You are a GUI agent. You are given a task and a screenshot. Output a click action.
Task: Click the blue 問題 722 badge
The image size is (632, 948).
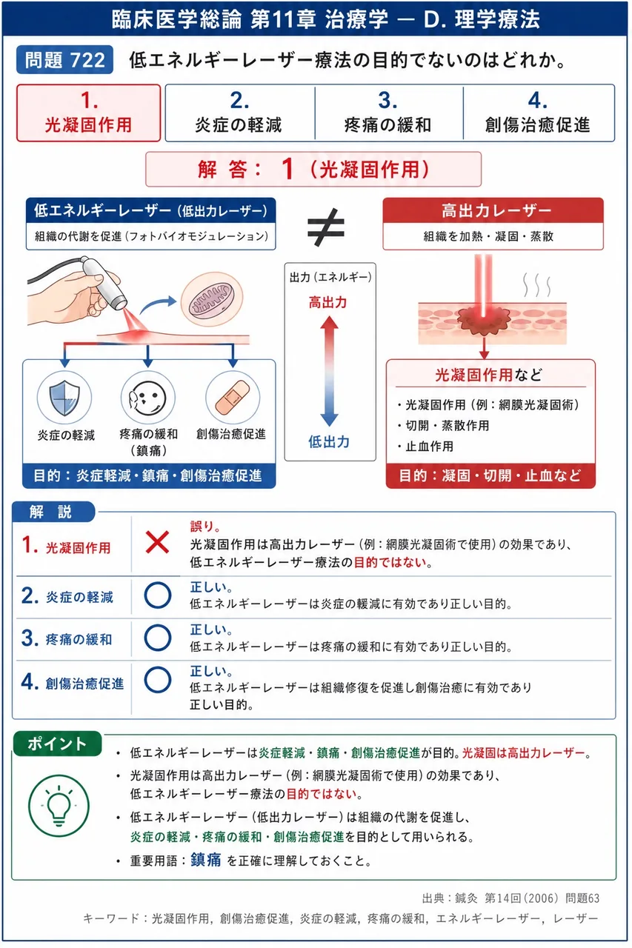64,60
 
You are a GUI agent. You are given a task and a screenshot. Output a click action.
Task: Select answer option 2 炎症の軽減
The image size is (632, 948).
239,113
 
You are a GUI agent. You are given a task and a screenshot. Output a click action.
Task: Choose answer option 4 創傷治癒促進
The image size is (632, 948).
538,113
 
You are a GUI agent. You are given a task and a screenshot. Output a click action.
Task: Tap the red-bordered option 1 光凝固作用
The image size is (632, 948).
88,113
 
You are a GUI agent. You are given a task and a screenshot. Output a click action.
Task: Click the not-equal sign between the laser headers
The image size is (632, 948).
326,227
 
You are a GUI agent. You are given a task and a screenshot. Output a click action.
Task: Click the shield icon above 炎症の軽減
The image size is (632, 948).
64,398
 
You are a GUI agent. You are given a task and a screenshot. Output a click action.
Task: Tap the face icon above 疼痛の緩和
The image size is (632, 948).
148,398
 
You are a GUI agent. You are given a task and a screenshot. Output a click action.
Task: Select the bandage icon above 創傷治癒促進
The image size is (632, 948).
233,398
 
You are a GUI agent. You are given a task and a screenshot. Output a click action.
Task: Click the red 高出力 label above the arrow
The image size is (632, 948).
328,303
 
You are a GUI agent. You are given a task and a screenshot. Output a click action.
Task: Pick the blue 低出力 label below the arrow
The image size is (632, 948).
329,442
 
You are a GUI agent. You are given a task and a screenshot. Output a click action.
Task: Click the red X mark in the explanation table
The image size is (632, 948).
157,543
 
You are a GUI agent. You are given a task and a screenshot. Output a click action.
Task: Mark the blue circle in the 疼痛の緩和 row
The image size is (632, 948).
158,638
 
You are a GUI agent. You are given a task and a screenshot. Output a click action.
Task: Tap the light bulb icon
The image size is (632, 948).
59,806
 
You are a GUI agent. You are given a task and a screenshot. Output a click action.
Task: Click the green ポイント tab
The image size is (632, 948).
57,744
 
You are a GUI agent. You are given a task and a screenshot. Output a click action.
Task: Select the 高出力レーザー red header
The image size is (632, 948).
493,210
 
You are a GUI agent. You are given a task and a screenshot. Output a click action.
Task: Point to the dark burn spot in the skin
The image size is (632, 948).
483,321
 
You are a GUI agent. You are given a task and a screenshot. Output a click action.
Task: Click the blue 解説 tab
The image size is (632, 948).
53,512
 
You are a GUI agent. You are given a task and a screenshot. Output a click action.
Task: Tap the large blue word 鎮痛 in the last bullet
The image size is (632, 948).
206,860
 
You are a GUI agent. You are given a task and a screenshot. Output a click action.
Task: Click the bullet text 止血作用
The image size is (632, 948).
429,447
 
